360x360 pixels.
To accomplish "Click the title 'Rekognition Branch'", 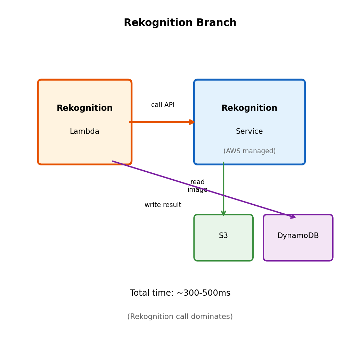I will [180, 23].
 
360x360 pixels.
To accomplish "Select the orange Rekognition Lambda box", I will [84, 149].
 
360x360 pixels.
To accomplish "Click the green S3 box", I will [223, 248].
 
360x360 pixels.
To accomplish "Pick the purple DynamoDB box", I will [298, 248].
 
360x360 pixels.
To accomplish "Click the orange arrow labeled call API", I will [160, 122].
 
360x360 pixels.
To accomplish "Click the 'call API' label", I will [163, 105].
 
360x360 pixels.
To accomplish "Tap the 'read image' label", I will [197, 186].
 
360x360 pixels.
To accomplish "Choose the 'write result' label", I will [163, 205].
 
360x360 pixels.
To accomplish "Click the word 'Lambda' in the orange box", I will [84, 132].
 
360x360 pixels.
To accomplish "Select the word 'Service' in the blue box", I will [249, 132].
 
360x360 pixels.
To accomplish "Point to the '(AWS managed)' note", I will [249, 151].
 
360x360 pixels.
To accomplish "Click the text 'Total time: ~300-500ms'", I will [180, 293].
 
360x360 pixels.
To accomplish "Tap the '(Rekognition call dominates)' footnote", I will [180, 317].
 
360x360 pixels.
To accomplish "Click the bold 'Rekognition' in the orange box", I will [84, 108].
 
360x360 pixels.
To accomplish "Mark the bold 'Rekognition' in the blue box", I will [249, 108].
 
